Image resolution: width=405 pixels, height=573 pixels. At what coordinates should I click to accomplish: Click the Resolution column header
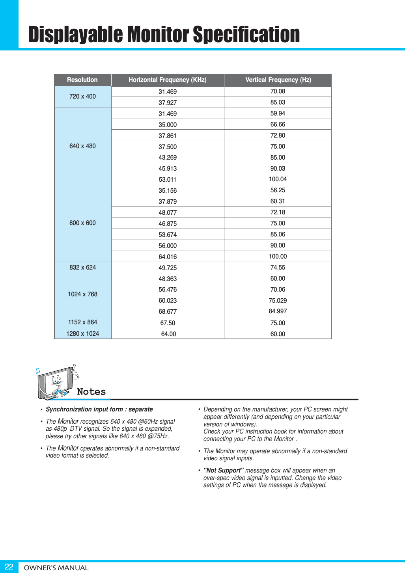click(82, 80)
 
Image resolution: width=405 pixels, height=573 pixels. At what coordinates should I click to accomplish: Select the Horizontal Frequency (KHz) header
click(167, 80)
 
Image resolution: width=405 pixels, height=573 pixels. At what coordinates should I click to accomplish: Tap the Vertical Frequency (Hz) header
click(278, 80)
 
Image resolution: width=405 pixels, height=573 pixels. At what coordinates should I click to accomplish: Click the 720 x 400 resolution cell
click(82, 97)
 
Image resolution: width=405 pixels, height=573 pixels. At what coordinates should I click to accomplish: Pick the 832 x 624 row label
click(82, 268)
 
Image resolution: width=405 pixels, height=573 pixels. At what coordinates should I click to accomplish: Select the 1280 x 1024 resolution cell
click(82, 334)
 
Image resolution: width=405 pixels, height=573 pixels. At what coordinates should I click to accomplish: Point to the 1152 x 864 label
click(82, 322)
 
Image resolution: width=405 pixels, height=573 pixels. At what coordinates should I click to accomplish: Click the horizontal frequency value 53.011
click(167, 180)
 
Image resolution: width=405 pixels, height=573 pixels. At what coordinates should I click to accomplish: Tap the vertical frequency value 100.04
click(278, 179)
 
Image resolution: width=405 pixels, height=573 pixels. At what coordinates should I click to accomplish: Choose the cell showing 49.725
click(167, 268)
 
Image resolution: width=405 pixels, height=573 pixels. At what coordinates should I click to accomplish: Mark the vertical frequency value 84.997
click(278, 311)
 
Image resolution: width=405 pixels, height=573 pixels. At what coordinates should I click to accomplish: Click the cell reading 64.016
click(167, 257)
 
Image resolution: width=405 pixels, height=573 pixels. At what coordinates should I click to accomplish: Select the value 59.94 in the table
click(278, 113)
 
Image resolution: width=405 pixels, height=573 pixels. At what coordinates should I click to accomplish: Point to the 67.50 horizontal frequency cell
click(168, 323)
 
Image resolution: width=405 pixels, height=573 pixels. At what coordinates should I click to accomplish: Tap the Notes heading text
click(91, 392)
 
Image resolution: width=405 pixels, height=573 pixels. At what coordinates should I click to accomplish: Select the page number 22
click(9, 567)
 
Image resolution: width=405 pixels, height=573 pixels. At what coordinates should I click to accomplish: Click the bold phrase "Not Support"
click(223, 471)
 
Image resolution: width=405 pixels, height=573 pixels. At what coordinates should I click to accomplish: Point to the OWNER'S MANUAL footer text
click(56, 568)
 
